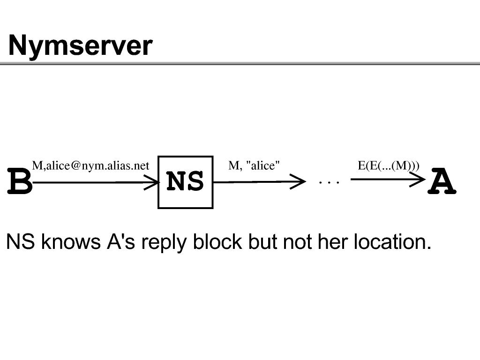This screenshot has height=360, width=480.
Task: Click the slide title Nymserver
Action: click(80, 46)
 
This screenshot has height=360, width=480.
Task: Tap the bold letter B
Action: click(20, 181)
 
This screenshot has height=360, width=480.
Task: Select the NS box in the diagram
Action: click(186, 182)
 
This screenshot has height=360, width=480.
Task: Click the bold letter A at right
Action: click(442, 181)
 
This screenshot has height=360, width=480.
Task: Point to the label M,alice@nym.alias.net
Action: click(90, 165)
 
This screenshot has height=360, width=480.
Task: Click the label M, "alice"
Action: click(254, 165)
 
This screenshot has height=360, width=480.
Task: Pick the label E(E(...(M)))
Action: click(389, 165)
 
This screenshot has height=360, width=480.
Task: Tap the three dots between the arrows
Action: click(329, 182)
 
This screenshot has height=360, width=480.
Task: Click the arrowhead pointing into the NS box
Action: click(152, 182)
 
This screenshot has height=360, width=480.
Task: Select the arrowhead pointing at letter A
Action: click(418, 180)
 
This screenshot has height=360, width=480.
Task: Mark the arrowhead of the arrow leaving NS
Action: click(298, 181)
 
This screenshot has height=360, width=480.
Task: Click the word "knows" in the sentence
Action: click(71, 241)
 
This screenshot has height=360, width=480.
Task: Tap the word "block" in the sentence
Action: click(217, 241)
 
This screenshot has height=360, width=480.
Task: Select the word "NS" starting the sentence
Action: click(21, 241)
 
